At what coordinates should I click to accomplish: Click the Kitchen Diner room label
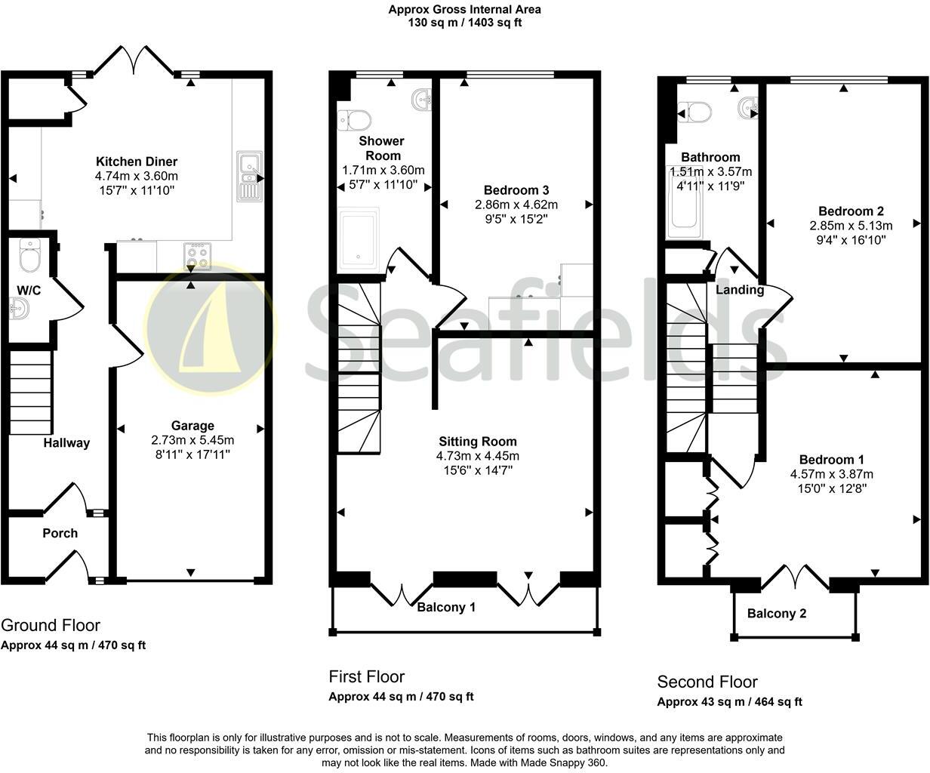[137, 162]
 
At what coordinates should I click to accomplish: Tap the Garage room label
[192, 426]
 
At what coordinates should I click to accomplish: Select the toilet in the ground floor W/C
[30, 256]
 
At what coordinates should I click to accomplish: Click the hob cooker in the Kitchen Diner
[196, 257]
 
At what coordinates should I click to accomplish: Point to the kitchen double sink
[248, 177]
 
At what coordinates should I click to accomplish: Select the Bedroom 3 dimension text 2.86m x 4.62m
[516, 205]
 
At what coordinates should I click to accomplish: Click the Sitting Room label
[478, 442]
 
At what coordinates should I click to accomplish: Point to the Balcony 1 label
[446, 607]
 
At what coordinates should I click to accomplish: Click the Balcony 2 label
[776, 614]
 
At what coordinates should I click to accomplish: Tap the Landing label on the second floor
[740, 290]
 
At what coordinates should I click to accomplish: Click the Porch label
[60, 533]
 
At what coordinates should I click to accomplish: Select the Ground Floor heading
[50, 625]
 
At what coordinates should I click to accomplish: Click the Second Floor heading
[707, 682]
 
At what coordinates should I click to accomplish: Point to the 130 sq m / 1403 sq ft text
[464, 23]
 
